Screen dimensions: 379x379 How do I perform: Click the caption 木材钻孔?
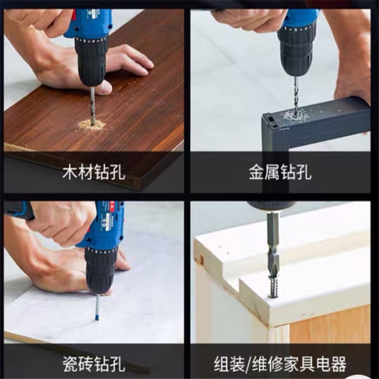pyautogui.click(x=94, y=172)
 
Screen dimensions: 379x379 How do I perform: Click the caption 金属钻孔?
pyautogui.click(x=280, y=172)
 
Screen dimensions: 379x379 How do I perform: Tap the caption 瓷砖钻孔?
pyautogui.click(x=94, y=364)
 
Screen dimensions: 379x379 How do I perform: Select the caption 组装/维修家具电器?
pyautogui.click(x=280, y=364)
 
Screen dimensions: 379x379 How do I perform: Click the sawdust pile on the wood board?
pyautogui.click(x=91, y=125)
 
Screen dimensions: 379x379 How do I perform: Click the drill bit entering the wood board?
pyautogui.click(x=92, y=106)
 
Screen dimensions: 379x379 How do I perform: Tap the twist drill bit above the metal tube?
pyautogui.click(x=296, y=94)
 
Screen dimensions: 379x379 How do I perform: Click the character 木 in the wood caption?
pyautogui.click(x=70, y=172)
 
